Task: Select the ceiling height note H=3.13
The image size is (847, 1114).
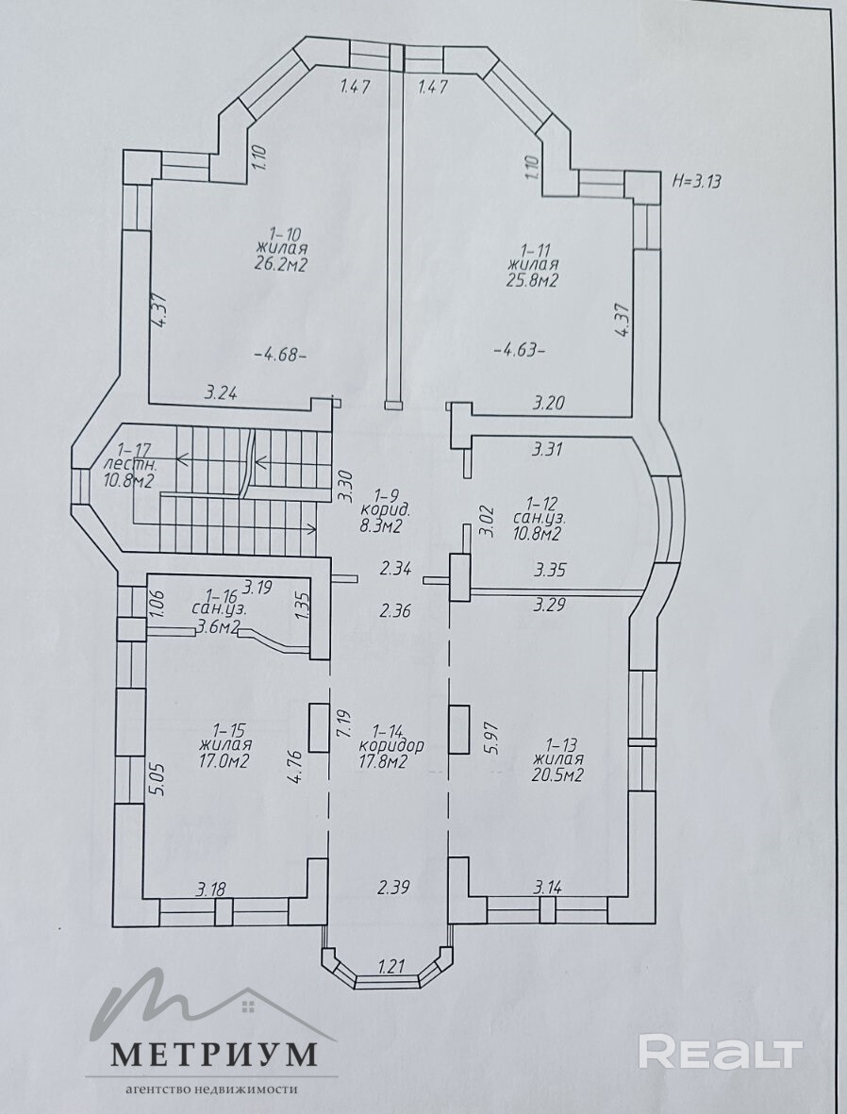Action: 696,180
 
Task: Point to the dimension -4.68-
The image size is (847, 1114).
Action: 280,354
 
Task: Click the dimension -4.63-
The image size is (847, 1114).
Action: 520,350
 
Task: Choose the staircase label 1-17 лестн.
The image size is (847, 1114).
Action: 131,457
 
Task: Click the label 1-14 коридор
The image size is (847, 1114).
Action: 391,738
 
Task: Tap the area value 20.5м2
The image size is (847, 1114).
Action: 557,775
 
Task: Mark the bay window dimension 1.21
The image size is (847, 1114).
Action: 390,966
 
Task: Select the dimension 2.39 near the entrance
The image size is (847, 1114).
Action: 393,887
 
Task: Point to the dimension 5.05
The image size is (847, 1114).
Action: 157,779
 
